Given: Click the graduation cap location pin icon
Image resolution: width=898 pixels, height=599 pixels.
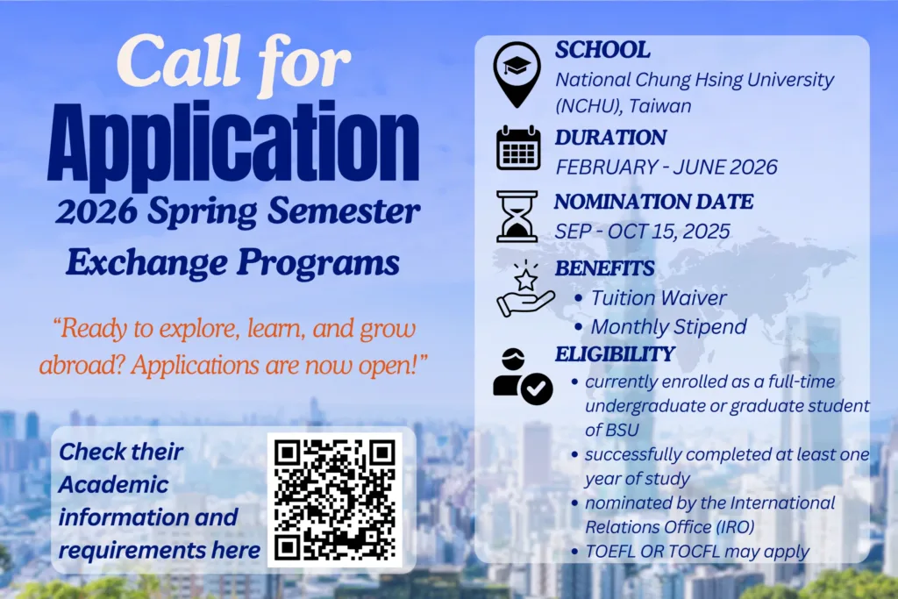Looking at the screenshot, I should (517, 72).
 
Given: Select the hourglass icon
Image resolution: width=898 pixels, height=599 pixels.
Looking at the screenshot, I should (517, 216).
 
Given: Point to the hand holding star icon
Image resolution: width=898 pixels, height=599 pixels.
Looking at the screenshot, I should (524, 289).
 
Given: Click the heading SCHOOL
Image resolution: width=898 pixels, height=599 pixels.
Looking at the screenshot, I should (602, 50).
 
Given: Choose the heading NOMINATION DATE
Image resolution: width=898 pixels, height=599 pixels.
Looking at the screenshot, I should (653, 202).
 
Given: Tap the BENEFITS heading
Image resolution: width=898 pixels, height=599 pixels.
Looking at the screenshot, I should (604, 268).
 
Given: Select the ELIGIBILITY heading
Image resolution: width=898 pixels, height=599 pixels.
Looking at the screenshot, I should (615, 353).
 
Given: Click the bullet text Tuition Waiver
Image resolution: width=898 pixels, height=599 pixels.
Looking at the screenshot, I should (659, 298).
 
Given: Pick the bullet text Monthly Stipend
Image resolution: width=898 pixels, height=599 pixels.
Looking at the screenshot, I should (668, 327).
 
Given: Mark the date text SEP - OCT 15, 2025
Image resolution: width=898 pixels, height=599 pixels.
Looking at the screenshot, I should (642, 232).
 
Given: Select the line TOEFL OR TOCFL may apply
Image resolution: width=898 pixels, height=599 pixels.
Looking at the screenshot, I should (697, 552).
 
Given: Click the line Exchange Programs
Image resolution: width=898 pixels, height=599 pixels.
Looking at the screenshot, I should (233, 261).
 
